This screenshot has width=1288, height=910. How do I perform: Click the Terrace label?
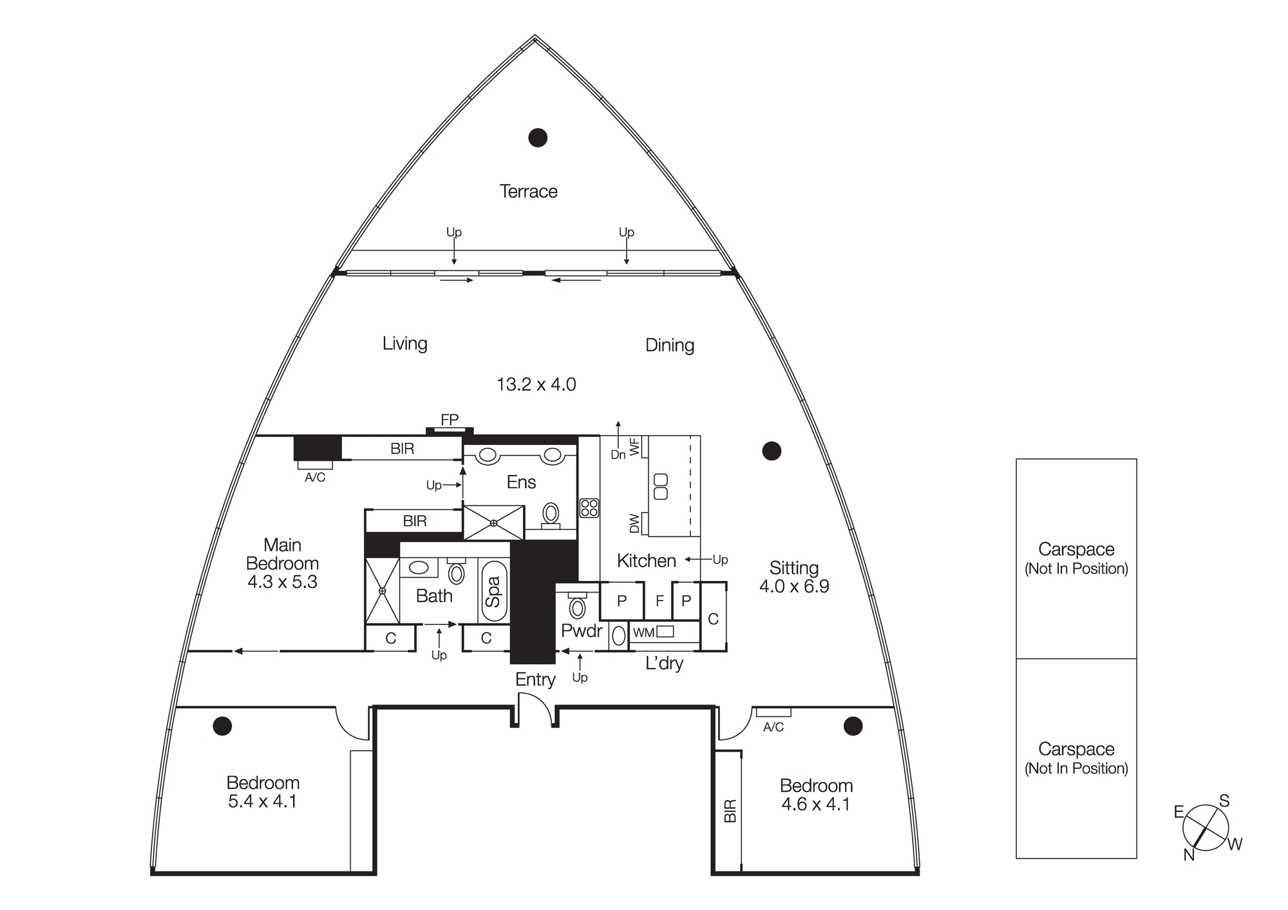coord(528,191)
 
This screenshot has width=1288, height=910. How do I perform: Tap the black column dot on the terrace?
coord(538,137)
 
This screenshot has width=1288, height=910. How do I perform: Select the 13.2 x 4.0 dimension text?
coord(536,384)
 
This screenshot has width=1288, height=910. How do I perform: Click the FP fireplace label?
coord(450,420)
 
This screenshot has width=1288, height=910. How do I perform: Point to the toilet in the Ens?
coord(551,514)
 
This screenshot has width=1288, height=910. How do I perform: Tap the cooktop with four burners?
coord(589,507)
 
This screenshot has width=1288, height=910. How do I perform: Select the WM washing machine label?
coord(643,632)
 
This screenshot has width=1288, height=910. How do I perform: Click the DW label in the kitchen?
coord(634,523)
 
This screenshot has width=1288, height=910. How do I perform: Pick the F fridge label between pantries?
coord(659,601)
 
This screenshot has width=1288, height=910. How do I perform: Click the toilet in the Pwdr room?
coord(577,607)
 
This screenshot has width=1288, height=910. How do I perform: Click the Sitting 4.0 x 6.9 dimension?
coord(794,586)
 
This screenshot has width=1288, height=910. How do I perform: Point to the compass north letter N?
coord(1189,855)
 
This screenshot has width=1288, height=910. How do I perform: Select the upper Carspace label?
coord(1076,549)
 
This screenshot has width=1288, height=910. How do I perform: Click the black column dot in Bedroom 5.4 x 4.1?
coord(222,726)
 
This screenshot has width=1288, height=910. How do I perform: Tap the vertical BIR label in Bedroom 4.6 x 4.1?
coord(730,811)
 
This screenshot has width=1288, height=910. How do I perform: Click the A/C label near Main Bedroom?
coord(315,477)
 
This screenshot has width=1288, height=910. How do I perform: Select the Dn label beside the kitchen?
coord(618,455)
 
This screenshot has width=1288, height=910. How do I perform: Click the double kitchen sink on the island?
coord(661,486)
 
